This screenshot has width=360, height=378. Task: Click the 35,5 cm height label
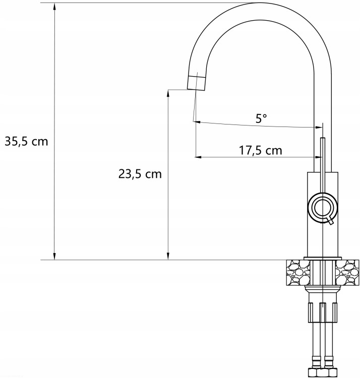[x=27, y=142]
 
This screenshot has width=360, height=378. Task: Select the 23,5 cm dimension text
[x=140, y=174]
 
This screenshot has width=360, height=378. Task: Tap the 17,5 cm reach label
[x=260, y=150]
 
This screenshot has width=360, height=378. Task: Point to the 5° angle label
[x=261, y=118]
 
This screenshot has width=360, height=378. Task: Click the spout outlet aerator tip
[x=197, y=83]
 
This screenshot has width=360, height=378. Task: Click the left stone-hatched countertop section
[x=298, y=273]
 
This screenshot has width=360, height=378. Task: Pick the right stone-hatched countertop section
[x=347, y=273]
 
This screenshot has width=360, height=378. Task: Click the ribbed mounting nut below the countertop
[x=323, y=312]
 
